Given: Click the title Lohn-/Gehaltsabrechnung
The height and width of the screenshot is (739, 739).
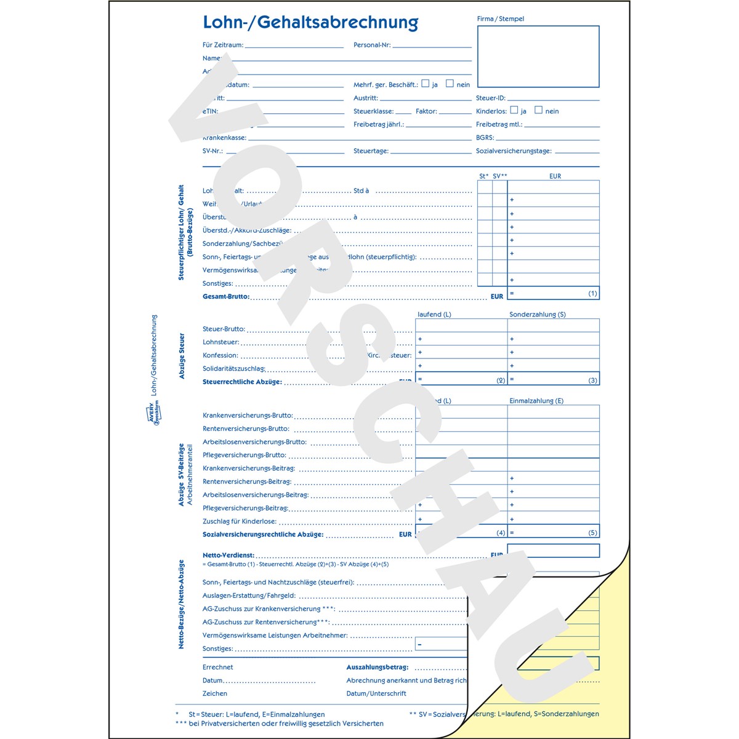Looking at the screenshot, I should tap(310, 22).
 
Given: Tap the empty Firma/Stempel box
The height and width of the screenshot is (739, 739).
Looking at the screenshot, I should tap(538, 57).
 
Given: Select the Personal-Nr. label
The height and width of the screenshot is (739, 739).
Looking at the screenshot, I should tap(372, 45).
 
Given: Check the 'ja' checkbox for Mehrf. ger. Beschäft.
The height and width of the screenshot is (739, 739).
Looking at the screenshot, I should tap(425, 84).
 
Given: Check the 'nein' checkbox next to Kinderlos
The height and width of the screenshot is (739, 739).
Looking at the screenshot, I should tap(538, 110).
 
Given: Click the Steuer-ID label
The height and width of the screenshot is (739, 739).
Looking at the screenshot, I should tap(490, 98).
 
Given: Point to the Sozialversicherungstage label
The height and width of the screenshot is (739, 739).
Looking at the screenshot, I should tap(514, 151).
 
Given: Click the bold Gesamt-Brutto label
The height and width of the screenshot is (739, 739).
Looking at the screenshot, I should tap(226, 296).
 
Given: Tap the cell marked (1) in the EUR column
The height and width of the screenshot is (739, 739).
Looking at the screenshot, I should tap(553, 293).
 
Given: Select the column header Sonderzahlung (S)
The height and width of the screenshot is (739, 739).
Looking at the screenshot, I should tap(537, 314).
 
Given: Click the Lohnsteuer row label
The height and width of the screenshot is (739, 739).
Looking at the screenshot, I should tap(220, 342).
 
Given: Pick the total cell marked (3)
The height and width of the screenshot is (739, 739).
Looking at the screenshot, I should tap(553, 379).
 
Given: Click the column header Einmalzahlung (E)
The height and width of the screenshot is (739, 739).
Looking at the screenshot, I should tap(536, 401).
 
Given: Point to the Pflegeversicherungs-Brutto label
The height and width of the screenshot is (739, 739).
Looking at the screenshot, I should tap(244, 455).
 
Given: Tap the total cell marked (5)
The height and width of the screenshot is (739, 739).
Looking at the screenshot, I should tap(553, 532).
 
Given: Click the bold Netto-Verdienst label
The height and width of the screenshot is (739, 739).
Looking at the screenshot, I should tap(228, 555).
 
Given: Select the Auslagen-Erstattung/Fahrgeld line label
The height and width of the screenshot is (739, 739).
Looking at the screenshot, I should tap(249, 596).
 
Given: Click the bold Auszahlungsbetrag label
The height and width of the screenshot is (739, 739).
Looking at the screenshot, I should tap(377, 667).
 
